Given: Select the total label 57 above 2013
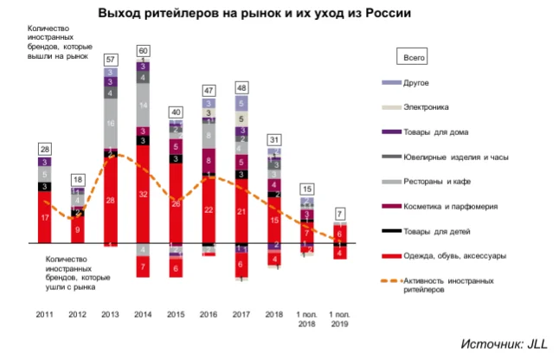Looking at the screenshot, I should point(110,60).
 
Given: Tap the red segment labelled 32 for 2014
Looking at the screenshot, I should point(143,195).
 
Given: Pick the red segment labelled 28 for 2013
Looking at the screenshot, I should point(110,201).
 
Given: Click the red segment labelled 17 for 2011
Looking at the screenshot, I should point(44,217).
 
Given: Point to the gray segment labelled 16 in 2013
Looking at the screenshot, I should point(110,125).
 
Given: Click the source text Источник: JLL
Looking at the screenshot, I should point(504,344).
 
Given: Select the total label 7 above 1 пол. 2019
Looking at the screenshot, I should point(341,214).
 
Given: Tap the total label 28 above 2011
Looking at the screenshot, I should point(44,149).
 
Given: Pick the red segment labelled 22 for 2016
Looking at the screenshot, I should point(209,209).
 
